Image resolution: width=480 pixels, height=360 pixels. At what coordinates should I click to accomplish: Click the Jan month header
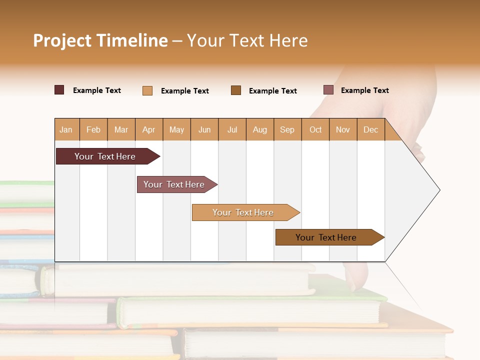(66, 129)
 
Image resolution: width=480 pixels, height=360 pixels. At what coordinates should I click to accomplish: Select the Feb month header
(93, 129)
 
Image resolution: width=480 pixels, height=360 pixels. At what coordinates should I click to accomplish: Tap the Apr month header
(148, 129)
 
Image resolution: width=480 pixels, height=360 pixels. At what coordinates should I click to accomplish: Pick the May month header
(176, 129)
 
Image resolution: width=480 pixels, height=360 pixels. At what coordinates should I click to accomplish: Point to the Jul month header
(232, 129)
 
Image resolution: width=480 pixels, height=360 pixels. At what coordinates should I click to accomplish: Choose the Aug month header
(259, 129)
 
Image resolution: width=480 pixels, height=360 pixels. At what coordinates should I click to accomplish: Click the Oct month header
(315, 129)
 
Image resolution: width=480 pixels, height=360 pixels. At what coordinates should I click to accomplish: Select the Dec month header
(370, 129)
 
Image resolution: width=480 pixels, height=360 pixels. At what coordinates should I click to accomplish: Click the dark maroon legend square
(59, 90)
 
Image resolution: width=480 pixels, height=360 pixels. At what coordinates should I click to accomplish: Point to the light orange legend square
(147, 90)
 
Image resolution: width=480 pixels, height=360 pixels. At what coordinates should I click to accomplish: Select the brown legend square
(236, 90)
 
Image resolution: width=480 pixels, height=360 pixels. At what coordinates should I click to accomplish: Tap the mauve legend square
(328, 90)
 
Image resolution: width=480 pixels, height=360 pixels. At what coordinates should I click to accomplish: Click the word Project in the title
(62, 40)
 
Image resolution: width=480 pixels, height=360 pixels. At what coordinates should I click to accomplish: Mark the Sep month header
(287, 129)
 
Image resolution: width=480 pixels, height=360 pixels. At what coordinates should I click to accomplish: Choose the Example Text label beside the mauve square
(364, 90)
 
